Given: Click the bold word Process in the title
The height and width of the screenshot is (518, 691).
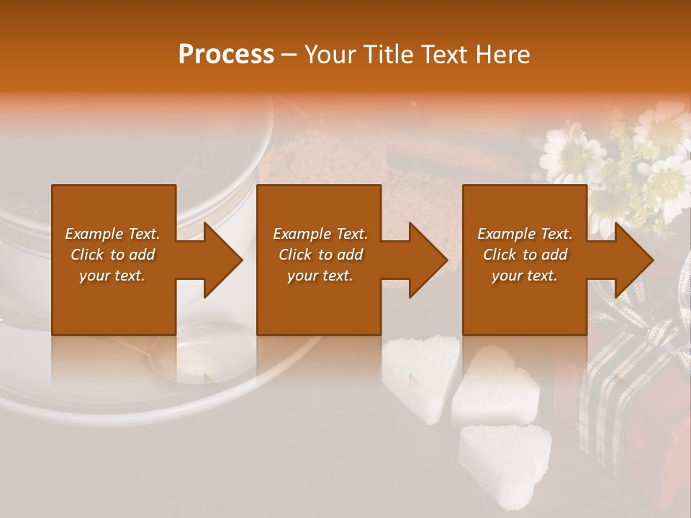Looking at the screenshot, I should [226, 55].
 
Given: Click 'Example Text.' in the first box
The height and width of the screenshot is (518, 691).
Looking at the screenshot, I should [112, 234].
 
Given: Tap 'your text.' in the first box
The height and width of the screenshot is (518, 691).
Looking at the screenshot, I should [112, 276].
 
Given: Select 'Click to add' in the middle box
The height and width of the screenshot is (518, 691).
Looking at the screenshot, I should [320, 255].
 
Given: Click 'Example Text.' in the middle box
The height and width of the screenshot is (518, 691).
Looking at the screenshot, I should [320, 234].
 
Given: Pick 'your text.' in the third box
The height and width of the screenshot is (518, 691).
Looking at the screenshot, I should [525, 276].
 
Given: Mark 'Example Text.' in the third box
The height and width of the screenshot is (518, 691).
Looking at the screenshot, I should [525, 234].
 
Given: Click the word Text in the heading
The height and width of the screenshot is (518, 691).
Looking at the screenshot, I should [444, 55].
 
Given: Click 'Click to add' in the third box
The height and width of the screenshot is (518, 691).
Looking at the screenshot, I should [525, 255].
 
